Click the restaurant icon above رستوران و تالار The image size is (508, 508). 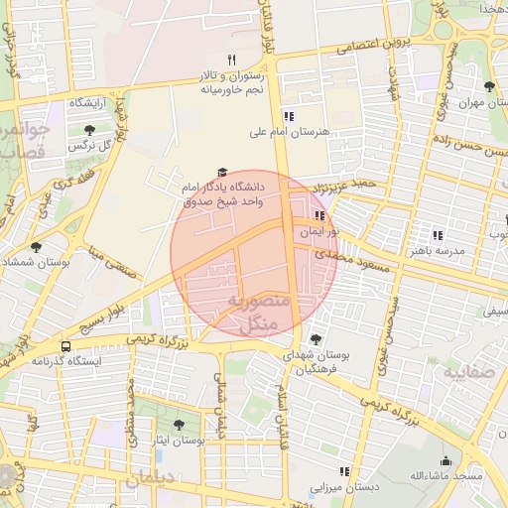pos(231,60)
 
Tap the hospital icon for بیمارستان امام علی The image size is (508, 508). pos(288,115)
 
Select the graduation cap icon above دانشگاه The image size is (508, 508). pos(221,172)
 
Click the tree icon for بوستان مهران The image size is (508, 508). pos(488,87)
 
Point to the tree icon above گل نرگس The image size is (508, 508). pos(89,130)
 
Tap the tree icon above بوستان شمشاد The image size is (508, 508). pos(36,246)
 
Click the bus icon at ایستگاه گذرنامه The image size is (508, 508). pos(65,347)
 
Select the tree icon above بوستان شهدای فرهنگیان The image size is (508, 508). pos(316,338)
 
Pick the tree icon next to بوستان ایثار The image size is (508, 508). pos(179,425)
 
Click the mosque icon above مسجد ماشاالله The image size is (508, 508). pos(445,460)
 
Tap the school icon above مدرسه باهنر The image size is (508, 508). pos(437,235)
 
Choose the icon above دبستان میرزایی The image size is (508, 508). pos(343,472)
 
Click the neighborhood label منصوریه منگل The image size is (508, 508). pos(258,311)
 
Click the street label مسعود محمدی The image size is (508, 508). pos(355,256)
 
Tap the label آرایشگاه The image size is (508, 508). pos(87,103)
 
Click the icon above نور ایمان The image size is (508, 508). pos(318,215)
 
